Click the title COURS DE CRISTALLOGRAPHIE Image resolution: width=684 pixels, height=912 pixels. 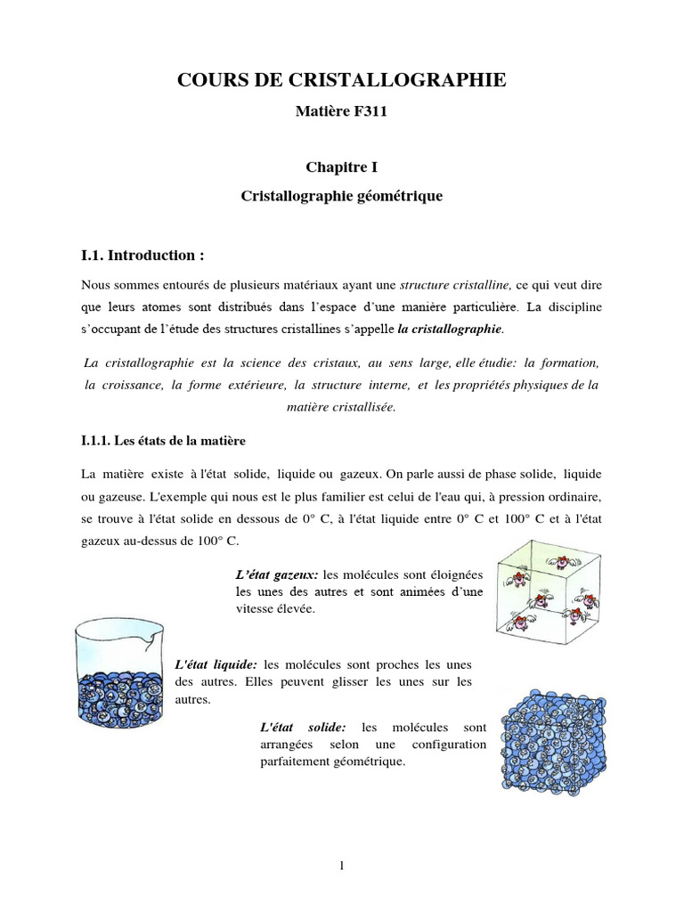(x=342, y=81)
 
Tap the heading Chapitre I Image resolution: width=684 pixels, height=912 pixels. (x=342, y=167)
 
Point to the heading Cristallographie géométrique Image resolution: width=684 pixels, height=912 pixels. (x=342, y=194)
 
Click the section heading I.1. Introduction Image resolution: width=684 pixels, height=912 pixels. (x=142, y=256)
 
